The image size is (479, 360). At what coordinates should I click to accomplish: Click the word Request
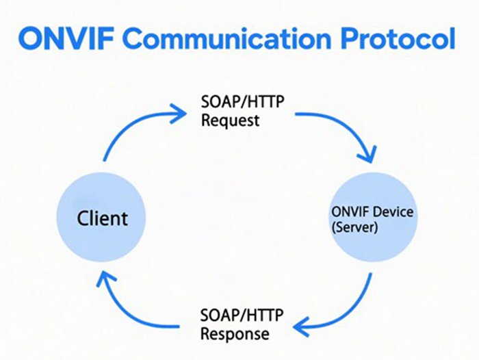point(230,121)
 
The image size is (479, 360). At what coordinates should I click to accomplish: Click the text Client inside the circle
point(101,220)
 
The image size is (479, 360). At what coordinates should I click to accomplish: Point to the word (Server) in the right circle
point(353,228)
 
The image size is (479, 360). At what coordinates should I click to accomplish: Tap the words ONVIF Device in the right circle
point(372,212)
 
